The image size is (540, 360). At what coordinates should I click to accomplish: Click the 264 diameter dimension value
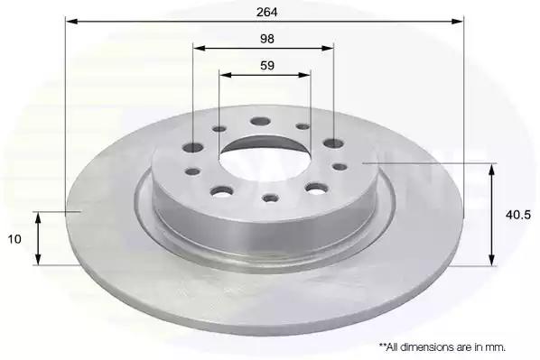tap(267, 12)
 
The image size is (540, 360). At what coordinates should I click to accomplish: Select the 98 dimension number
tap(267, 39)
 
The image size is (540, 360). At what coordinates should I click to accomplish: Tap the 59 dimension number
tap(267, 65)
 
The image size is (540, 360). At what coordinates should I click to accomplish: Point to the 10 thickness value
tap(14, 239)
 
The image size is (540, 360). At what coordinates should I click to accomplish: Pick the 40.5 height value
tap(518, 215)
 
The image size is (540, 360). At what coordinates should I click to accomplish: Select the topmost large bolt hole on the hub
tap(260, 122)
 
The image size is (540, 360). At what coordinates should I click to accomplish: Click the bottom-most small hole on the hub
tap(270, 198)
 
